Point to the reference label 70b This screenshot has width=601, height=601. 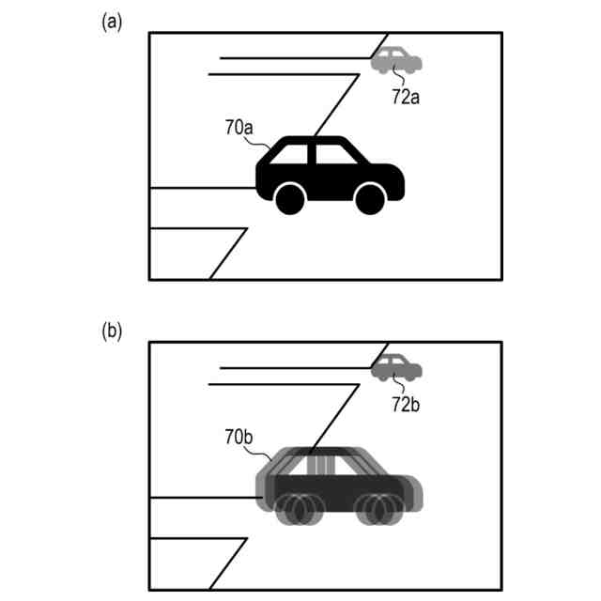click(237, 439)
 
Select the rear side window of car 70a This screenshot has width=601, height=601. click(295, 154)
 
